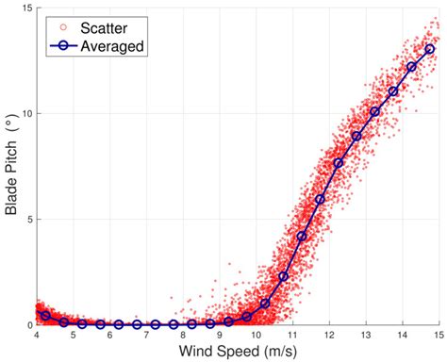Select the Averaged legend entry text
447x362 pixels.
[x=110, y=46]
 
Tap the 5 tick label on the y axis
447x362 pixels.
[x=28, y=220]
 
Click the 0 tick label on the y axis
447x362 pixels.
[x=28, y=324]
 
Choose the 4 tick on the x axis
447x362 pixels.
[x=37, y=335]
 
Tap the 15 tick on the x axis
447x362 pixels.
[x=439, y=335]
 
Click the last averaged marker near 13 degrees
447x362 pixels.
[x=429, y=49]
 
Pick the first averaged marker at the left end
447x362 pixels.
[x=45, y=315]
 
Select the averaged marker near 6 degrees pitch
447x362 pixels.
[x=320, y=200]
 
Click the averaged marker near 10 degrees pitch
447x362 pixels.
[x=374, y=111]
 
